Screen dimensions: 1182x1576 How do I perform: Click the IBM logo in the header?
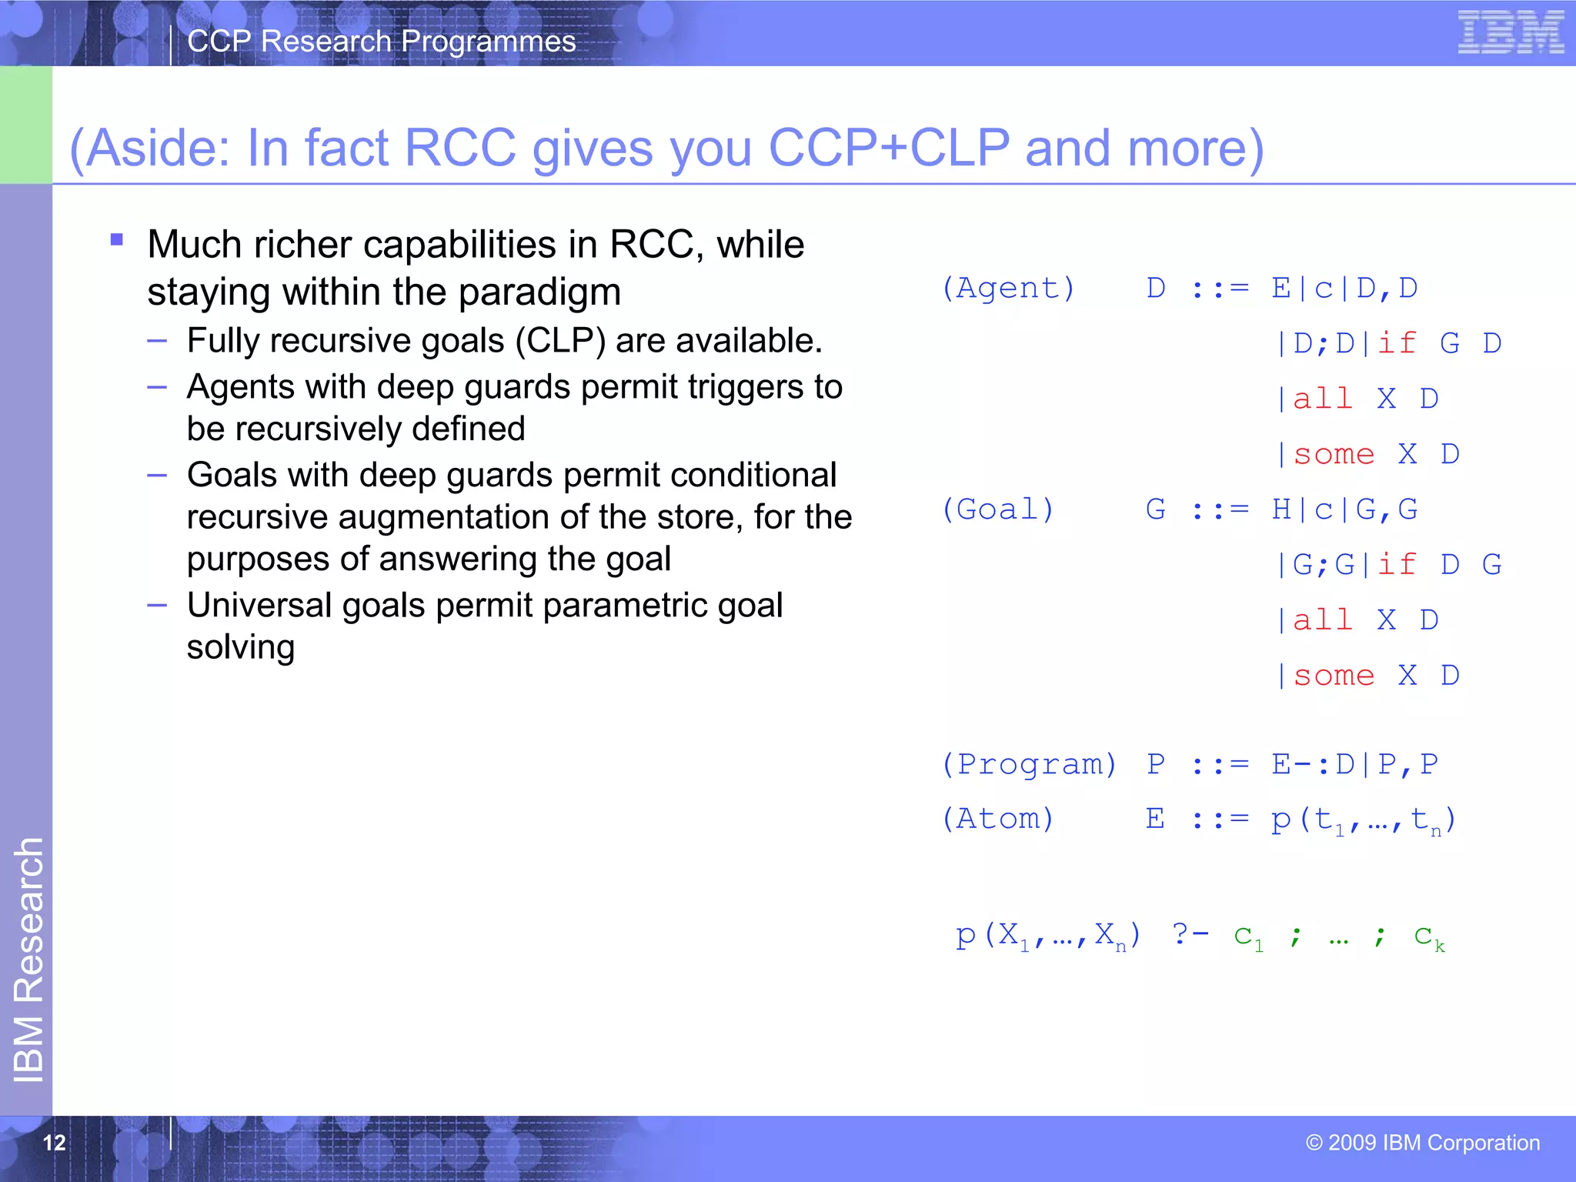click(1511, 32)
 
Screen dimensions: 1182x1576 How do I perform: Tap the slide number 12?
click(54, 1142)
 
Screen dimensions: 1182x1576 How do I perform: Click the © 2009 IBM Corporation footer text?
click(1422, 1142)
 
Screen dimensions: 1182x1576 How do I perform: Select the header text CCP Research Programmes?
click(381, 42)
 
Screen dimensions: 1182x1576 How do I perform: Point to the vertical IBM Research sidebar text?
click(28, 960)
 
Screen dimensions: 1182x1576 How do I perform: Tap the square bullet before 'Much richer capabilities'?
click(117, 240)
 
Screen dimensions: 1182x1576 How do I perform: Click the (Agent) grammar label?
click(1008, 289)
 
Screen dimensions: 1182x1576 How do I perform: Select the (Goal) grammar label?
click(998, 509)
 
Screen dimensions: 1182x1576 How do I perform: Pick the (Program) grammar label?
click(1029, 764)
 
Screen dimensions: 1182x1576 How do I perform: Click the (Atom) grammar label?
click(998, 819)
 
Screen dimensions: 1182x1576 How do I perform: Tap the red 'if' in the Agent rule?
click(1397, 343)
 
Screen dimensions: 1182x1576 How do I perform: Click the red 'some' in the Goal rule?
click(1334, 676)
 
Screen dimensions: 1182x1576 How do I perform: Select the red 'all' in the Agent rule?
click(1323, 399)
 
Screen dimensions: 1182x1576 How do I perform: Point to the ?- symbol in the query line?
click(1190, 934)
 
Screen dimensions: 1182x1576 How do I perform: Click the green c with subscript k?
click(1429, 937)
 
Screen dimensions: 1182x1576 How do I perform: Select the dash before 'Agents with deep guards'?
click(157, 387)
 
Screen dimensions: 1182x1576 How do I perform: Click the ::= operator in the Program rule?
click(1220, 765)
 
